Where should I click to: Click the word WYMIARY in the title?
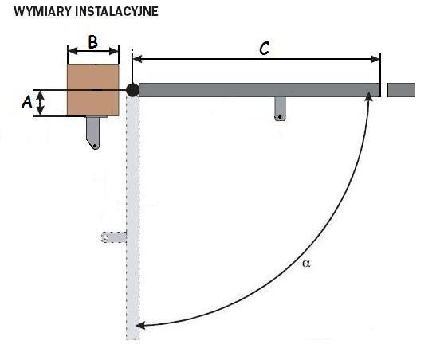pos(43,11)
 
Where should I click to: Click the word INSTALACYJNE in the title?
pos(117,11)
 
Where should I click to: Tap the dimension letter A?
pos(27,102)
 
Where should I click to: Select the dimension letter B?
pos(93,42)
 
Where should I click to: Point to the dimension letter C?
pos(264,49)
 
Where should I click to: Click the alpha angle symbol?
pos(306,264)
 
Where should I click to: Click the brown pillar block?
pos(93,90)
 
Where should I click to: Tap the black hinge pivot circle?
pos(132,90)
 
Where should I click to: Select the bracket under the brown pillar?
pos(93,132)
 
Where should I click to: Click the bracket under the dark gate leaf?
pos(281,109)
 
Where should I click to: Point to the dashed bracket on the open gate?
pos(114,237)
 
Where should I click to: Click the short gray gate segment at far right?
pos(401,90)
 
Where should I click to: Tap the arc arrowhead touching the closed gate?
pos(368,96)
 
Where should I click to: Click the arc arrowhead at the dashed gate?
pos(140,326)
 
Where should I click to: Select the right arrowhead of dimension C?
pos(375,59)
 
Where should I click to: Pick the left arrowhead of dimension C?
pos(137,59)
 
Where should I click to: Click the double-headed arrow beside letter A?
pos(41,103)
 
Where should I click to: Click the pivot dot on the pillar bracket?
pos(95,146)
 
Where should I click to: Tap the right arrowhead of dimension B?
pos(114,51)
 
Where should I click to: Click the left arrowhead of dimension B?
pos(73,51)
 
